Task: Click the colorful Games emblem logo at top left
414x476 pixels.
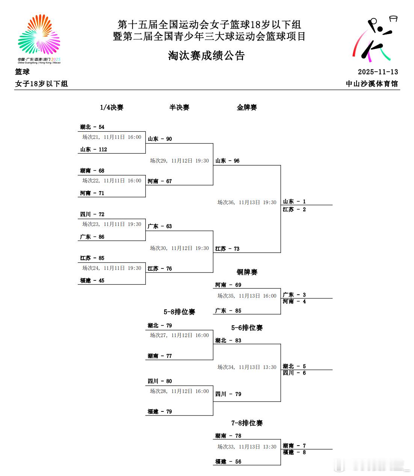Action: [39, 39]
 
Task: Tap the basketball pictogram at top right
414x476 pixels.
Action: [375, 39]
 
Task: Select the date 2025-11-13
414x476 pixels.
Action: [378, 72]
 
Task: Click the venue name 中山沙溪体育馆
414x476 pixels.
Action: [372, 83]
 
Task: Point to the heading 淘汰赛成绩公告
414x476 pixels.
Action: [206, 56]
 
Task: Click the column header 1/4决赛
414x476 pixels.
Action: [112, 107]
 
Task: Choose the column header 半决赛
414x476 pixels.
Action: [179, 107]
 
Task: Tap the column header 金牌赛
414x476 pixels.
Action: [247, 107]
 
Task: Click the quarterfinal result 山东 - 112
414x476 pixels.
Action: [94, 149]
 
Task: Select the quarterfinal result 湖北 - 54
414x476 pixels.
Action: [92, 127]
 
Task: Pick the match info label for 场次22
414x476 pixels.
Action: [112, 181]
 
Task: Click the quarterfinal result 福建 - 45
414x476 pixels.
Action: [92, 280]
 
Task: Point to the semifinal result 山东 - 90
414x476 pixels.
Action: [160, 139]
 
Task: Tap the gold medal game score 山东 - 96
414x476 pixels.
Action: [227, 161]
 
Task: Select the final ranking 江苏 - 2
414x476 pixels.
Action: [294, 209]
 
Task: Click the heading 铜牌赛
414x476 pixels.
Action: [247, 272]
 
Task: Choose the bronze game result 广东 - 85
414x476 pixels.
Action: [228, 310]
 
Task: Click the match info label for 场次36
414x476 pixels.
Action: [247, 202]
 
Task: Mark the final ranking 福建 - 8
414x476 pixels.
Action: [294, 452]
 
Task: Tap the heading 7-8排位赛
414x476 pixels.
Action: [247, 423]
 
